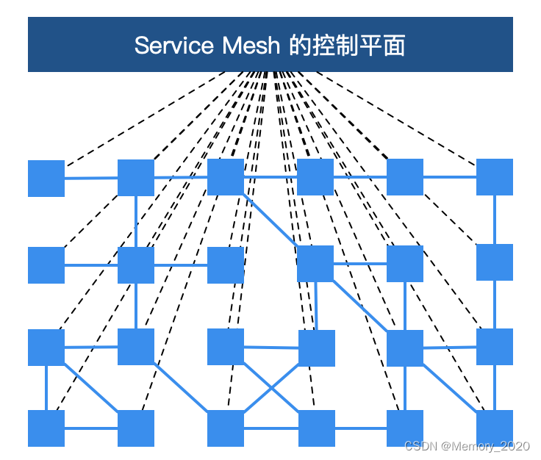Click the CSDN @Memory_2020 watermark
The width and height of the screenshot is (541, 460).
[467, 446]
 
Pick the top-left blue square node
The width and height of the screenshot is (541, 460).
[46, 179]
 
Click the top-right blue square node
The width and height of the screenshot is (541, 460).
[495, 177]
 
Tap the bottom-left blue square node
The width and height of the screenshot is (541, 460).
[46, 428]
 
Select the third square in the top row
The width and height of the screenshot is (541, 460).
[226, 177]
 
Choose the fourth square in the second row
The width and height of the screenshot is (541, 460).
[315, 264]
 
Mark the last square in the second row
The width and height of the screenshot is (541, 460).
[495, 262]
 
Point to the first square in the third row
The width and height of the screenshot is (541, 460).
[46, 348]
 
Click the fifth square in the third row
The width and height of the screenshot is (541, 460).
[405, 348]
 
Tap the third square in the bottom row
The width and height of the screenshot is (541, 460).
[226, 428]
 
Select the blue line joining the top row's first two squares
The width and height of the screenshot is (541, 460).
[91, 178]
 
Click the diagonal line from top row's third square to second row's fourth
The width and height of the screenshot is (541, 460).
[270, 220]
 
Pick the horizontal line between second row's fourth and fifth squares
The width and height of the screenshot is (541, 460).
[360, 263]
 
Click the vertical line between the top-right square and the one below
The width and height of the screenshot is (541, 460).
[495, 220]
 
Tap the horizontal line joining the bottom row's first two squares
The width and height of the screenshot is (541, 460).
[91, 428]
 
